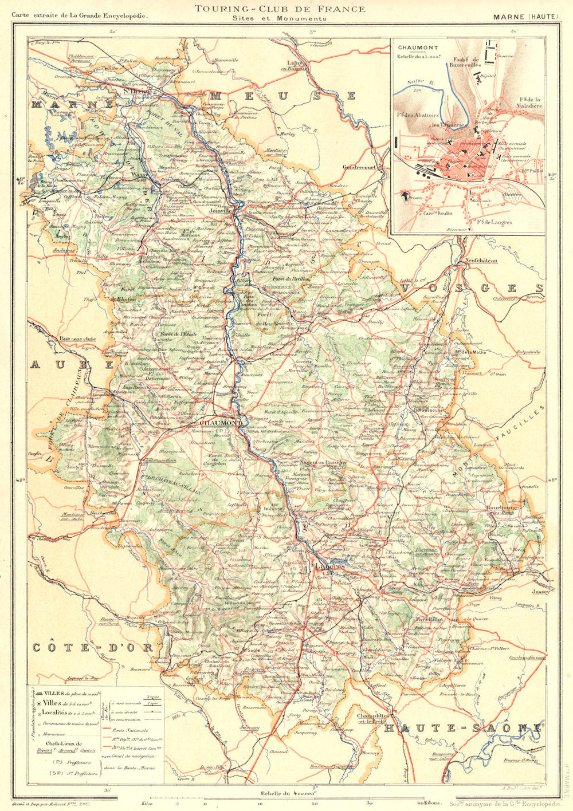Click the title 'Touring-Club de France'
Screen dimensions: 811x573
280,9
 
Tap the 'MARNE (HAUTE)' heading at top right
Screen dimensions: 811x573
525,16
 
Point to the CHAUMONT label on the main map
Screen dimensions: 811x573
219,422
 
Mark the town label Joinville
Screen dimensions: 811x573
227,211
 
